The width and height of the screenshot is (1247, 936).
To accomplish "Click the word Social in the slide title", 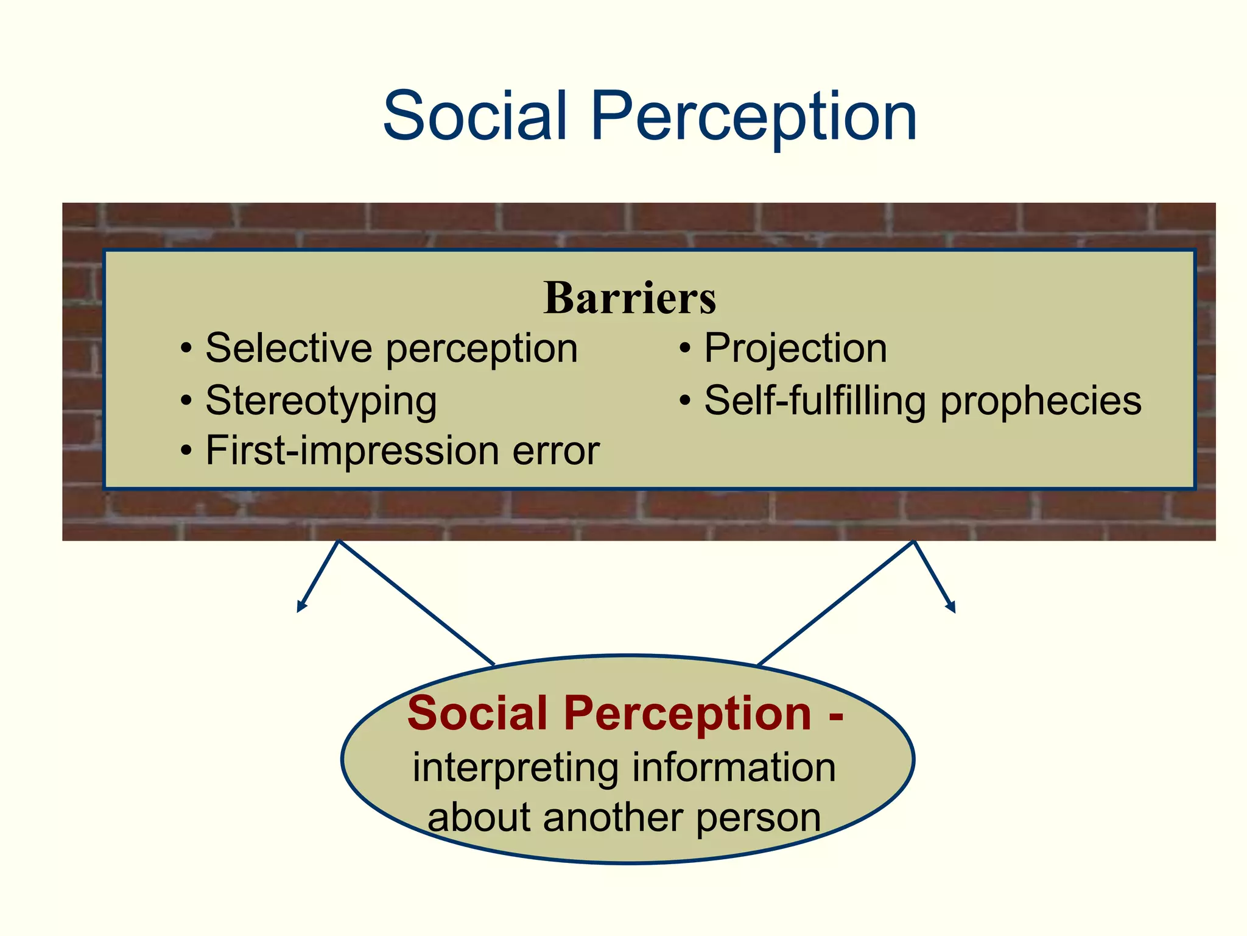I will click(476, 116).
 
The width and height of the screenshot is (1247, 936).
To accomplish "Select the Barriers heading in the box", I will click(630, 298).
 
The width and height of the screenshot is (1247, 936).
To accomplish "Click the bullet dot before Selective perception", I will click(186, 350).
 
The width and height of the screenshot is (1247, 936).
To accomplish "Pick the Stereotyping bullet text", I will click(321, 402).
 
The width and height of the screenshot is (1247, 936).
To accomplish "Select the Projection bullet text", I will click(795, 349).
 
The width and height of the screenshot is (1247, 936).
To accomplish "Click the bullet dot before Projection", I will click(686, 350).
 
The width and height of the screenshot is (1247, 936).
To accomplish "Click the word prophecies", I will click(1041, 402).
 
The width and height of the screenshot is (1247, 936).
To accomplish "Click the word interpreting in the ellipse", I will click(516, 767).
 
